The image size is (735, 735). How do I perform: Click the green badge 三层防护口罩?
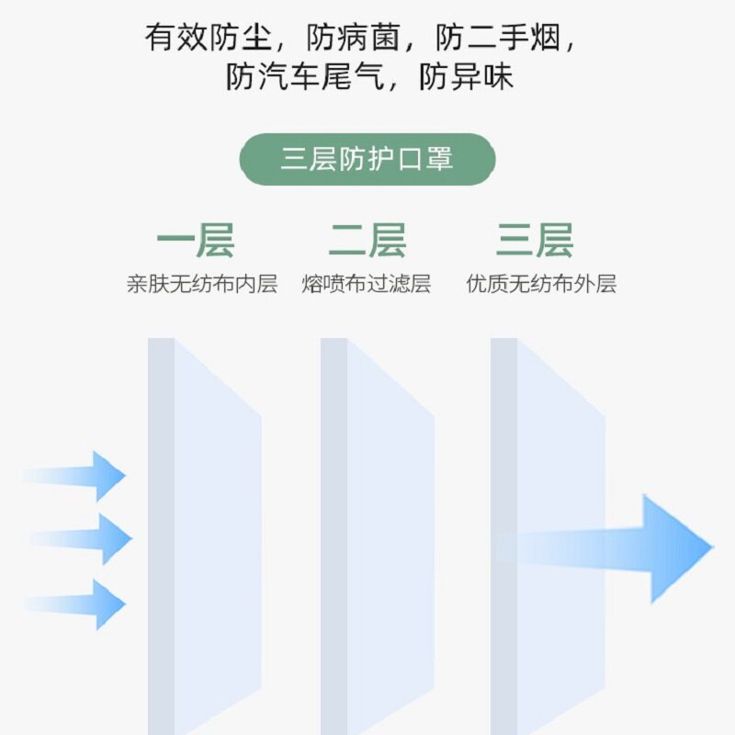[367, 160]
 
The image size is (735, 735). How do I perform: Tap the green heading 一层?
[196, 241]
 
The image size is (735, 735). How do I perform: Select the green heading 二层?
[367, 241]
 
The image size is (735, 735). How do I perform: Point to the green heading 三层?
[535, 241]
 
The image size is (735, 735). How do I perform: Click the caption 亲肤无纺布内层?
[201, 284]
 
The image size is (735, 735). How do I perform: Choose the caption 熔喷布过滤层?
[366, 284]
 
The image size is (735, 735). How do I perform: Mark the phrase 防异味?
[466, 77]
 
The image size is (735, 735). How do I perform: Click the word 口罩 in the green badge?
[424, 160]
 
